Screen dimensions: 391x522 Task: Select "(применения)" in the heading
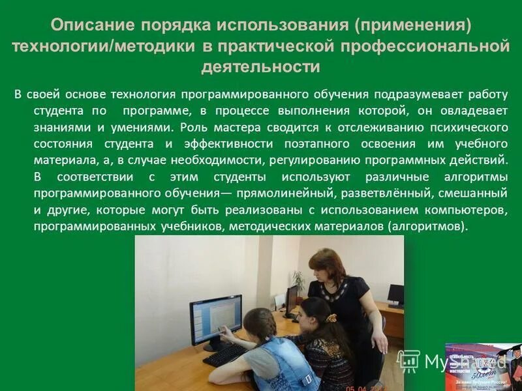412,25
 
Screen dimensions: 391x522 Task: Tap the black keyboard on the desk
225,355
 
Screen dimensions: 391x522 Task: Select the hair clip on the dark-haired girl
331,318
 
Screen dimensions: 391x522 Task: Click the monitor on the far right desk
395,295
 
